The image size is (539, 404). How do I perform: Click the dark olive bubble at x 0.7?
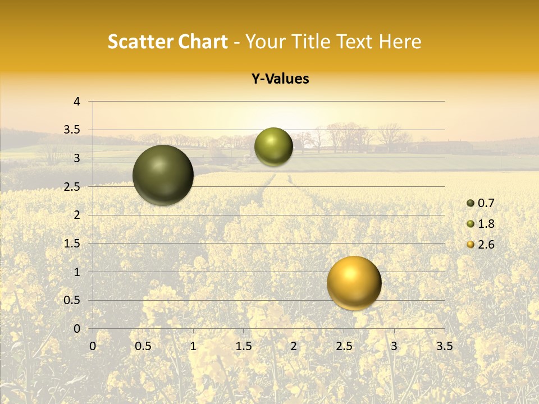[x=163, y=175]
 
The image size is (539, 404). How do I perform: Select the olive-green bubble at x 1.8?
[x=273, y=146]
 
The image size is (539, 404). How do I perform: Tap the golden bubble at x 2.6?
[x=354, y=283]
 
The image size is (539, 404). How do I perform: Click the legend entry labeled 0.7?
[x=481, y=203]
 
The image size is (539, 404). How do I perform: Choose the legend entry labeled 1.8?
[x=481, y=224]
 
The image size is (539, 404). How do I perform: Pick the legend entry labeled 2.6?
[x=481, y=245]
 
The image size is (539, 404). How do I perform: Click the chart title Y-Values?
[x=280, y=79]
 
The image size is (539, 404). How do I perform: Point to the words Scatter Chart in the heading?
[x=167, y=42]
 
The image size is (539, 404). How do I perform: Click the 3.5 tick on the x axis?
[x=444, y=346]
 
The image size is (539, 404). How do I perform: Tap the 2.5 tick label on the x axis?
[x=344, y=346]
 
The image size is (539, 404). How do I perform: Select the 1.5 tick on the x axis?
[x=243, y=346]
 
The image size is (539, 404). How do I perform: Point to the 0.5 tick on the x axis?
[x=143, y=346]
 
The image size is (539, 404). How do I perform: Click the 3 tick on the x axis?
[x=394, y=346]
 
